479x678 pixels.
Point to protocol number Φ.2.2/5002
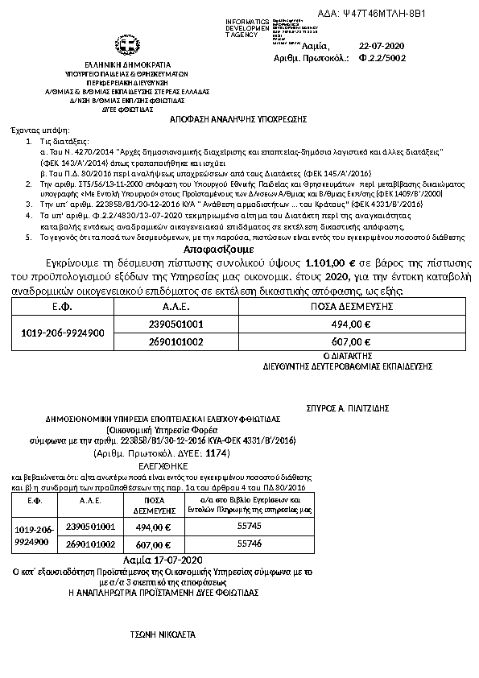tap(382, 58)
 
